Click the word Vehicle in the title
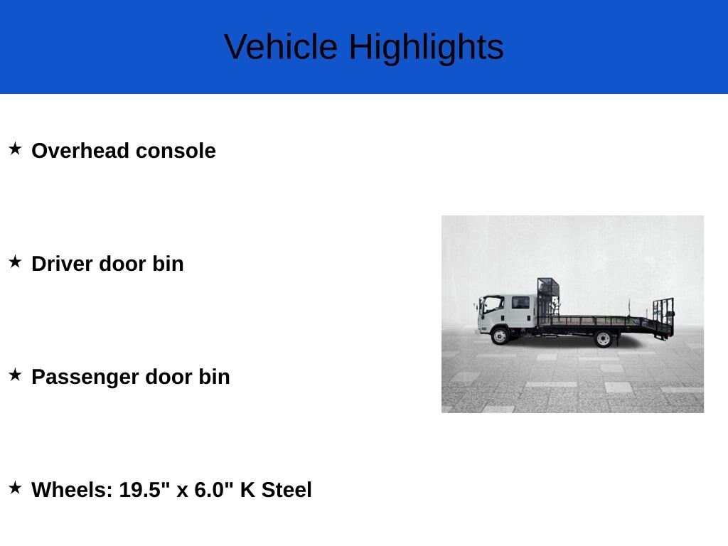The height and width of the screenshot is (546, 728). point(281,46)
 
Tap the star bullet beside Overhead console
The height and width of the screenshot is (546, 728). point(15,149)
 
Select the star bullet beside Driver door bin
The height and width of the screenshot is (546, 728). point(15,262)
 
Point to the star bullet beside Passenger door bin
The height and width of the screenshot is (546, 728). point(15,375)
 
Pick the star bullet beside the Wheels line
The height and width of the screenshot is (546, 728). point(15,488)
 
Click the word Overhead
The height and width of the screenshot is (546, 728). point(80,151)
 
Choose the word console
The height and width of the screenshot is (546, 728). point(176,151)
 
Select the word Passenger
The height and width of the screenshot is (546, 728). point(85,378)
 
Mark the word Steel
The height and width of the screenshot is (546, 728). point(287,489)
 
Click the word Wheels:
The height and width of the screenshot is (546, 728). point(72,489)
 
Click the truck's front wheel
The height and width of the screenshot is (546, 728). point(500,336)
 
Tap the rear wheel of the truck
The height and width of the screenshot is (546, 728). point(603,339)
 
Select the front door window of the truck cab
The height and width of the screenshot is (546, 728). point(493,305)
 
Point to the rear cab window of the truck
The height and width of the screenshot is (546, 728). point(520,303)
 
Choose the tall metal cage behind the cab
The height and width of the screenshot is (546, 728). point(548,298)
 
